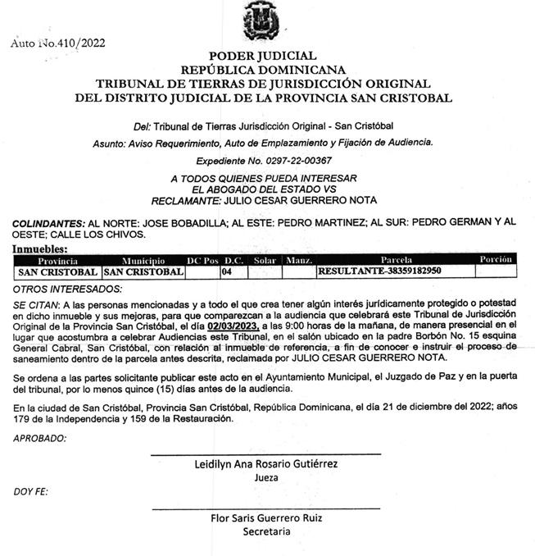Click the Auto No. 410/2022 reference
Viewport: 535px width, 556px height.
(57, 43)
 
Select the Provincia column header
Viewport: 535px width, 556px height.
(57, 260)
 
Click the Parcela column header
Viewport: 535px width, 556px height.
(396, 260)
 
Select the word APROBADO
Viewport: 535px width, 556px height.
(39, 439)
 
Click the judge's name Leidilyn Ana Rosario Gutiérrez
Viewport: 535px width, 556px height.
(265, 464)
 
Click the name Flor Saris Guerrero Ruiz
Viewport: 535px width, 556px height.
(266, 518)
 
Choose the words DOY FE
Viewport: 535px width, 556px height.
(31, 491)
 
